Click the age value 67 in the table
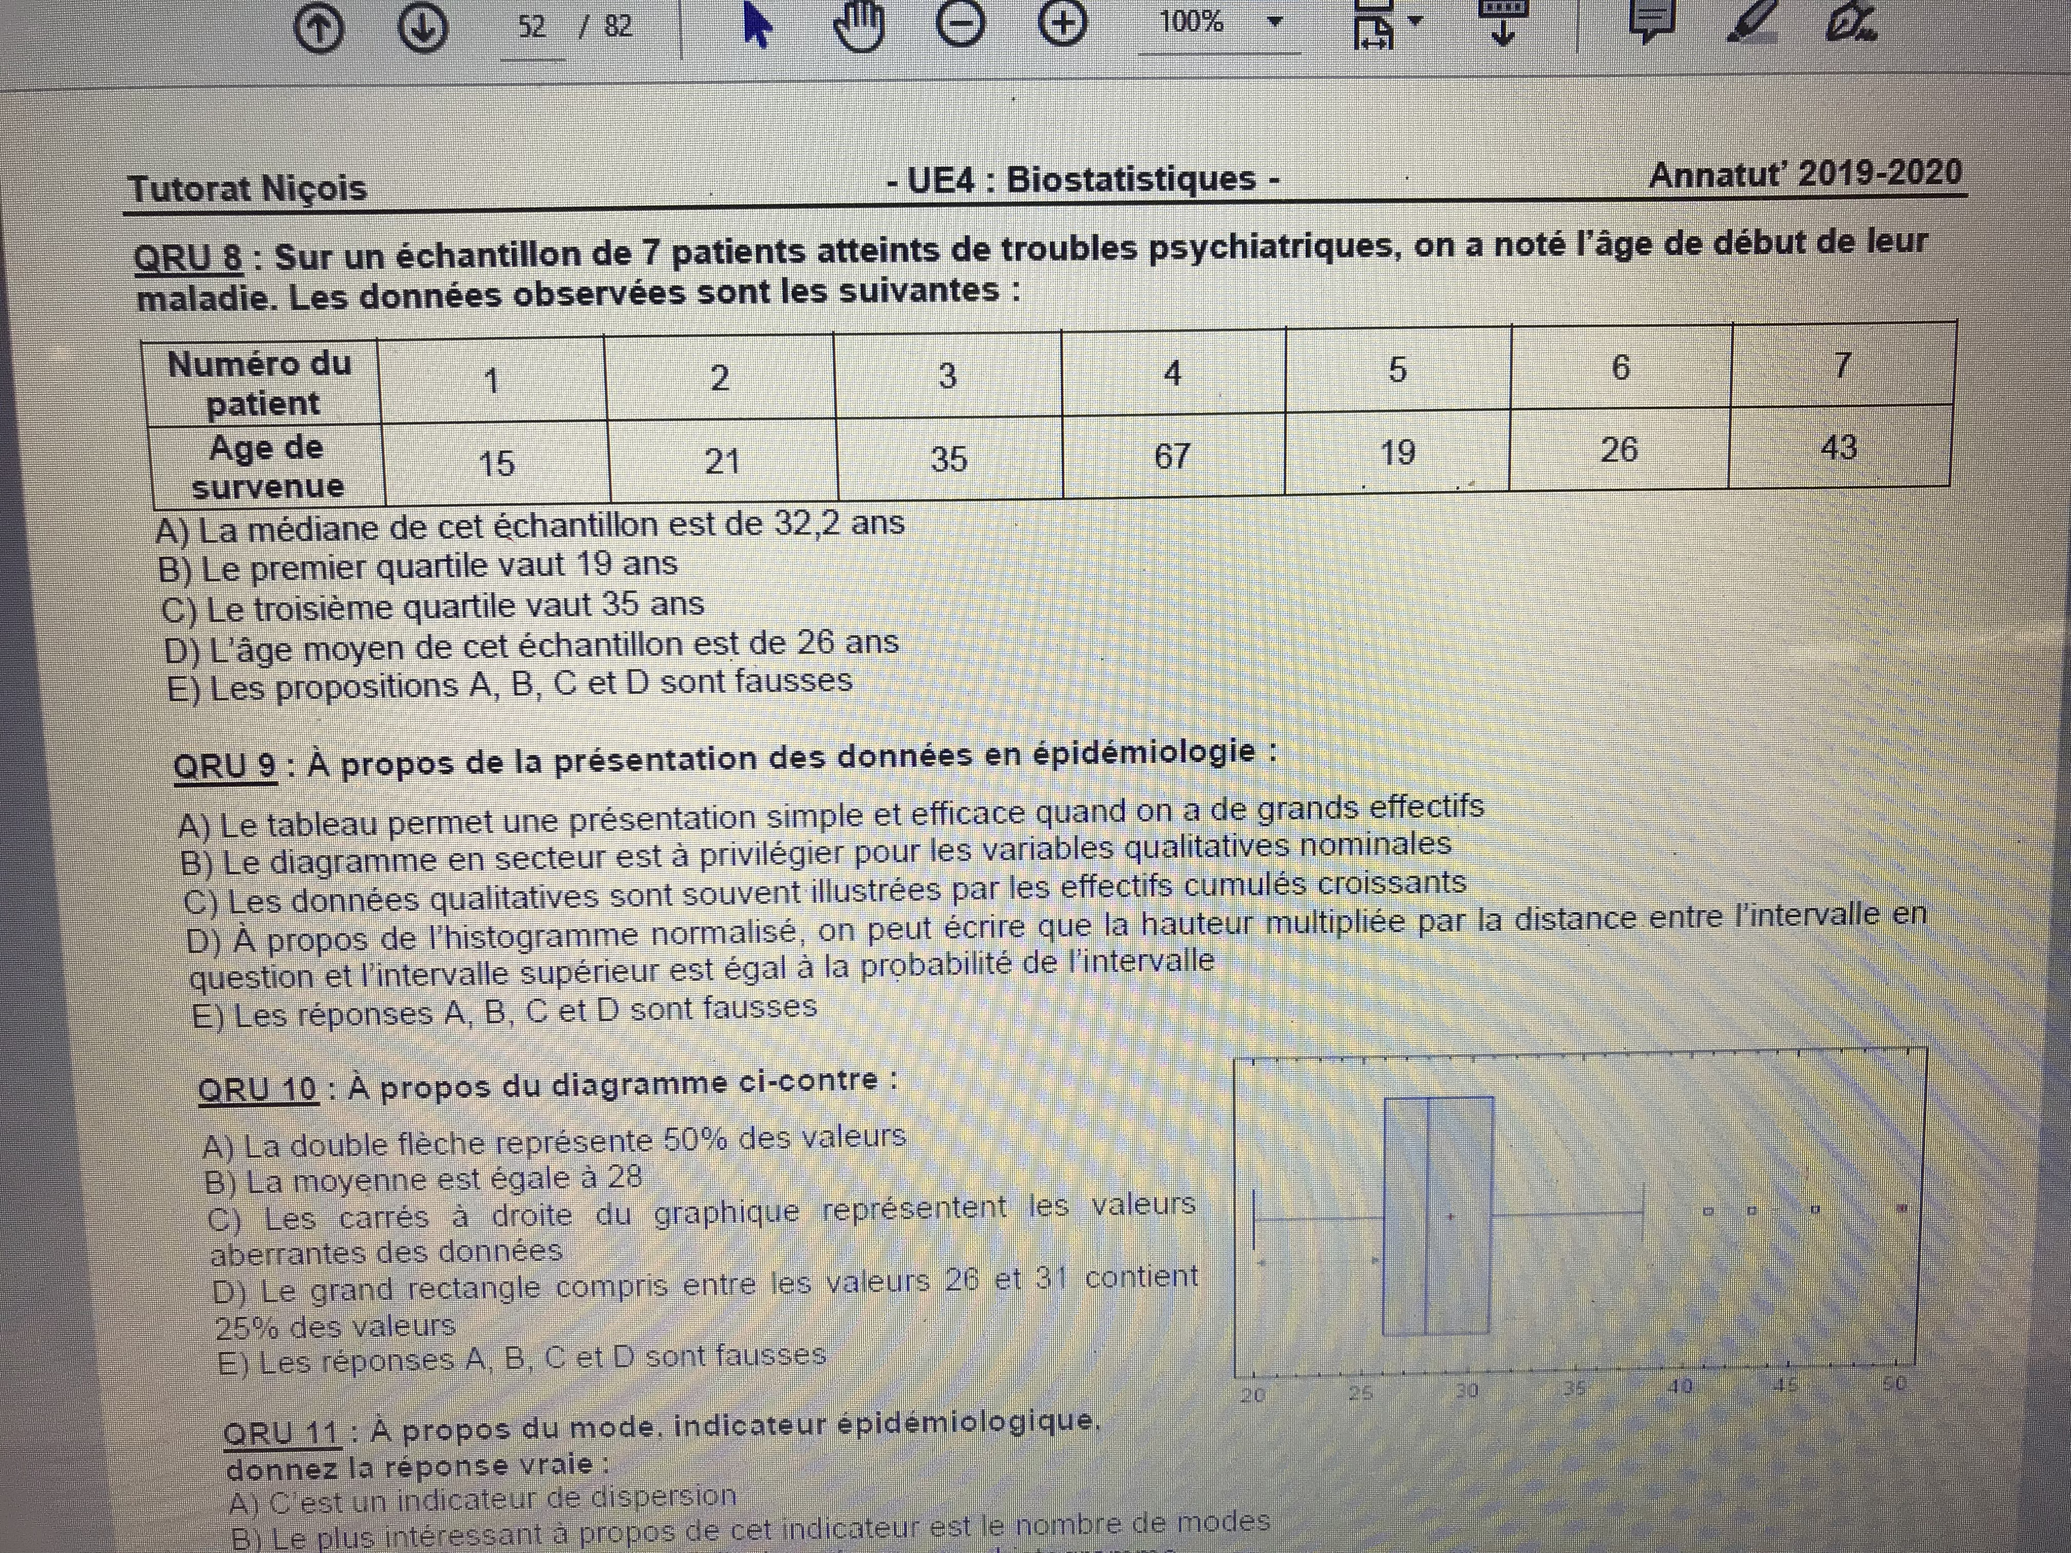click(x=1172, y=456)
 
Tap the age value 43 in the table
click(x=1839, y=447)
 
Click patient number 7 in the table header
click(x=1841, y=365)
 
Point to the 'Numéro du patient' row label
click(x=260, y=383)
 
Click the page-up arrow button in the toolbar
click(x=319, y=28)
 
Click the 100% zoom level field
click(x=1192, y=23)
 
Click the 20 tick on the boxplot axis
click(x=1253, y=1395)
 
